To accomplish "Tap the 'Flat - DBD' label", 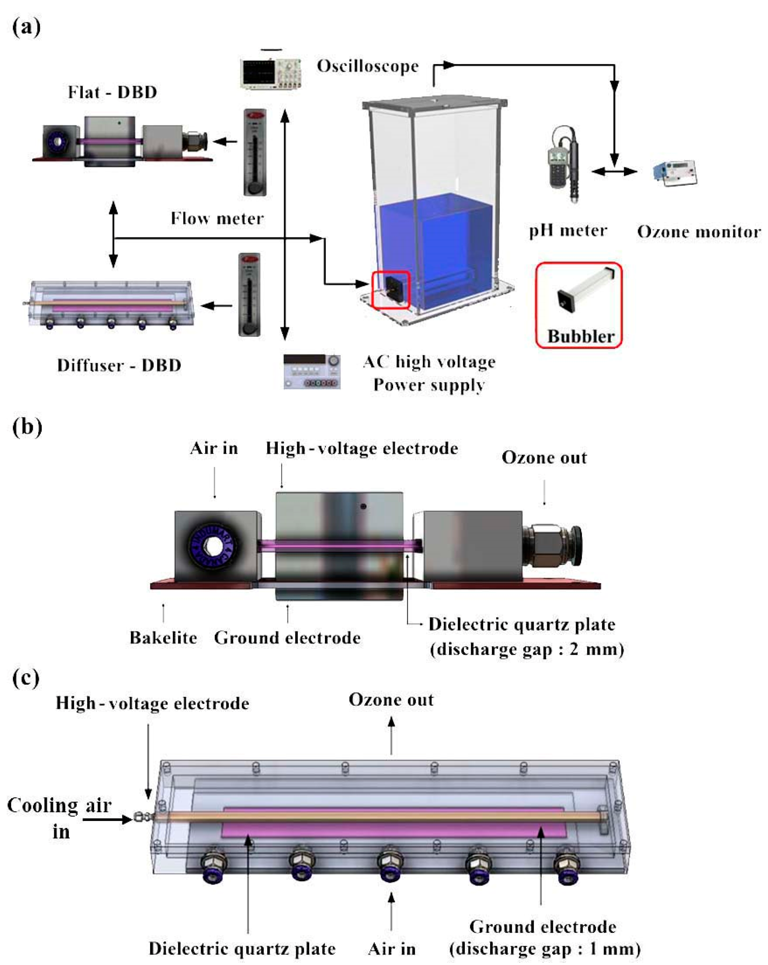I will click(x=112, y=92).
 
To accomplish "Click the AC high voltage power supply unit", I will click(x=312, y=371).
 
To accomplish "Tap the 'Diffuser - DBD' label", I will click(x=119, y=365).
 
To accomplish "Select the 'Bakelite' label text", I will click(x=163, y=637).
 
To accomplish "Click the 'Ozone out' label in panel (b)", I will click(x=544, y=458).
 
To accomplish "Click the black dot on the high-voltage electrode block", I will click(x=363, y=506).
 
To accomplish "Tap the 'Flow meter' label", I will click(x=217, y=218).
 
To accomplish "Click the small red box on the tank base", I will click(x=391, y=290).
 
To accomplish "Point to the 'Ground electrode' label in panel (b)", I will click(x=287, y=637).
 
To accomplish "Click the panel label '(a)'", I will click(x=26, y=27).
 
